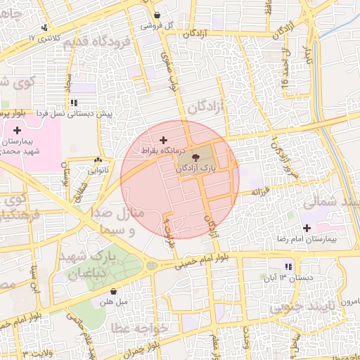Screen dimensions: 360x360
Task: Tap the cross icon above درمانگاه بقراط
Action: [164, 140]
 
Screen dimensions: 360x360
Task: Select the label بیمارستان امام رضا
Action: [323, 240]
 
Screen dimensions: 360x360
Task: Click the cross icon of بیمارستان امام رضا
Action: [307, 228]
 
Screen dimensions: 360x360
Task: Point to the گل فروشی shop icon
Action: [156, 14]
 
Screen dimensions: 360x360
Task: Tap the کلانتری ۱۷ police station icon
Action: [45, 27]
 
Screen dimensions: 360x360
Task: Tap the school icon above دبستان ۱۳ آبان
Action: [288, 266]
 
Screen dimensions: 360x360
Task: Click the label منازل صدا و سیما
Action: [117, 221]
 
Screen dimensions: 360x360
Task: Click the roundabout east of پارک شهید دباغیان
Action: [152, 266]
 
